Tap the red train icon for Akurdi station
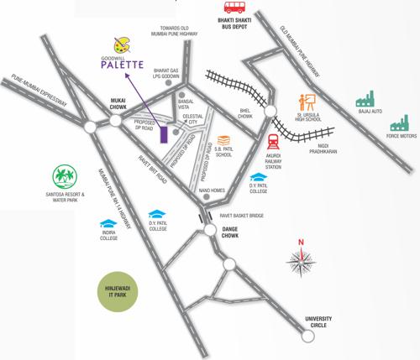[x=273, y=140]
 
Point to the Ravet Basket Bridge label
[x=242, y=217]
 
